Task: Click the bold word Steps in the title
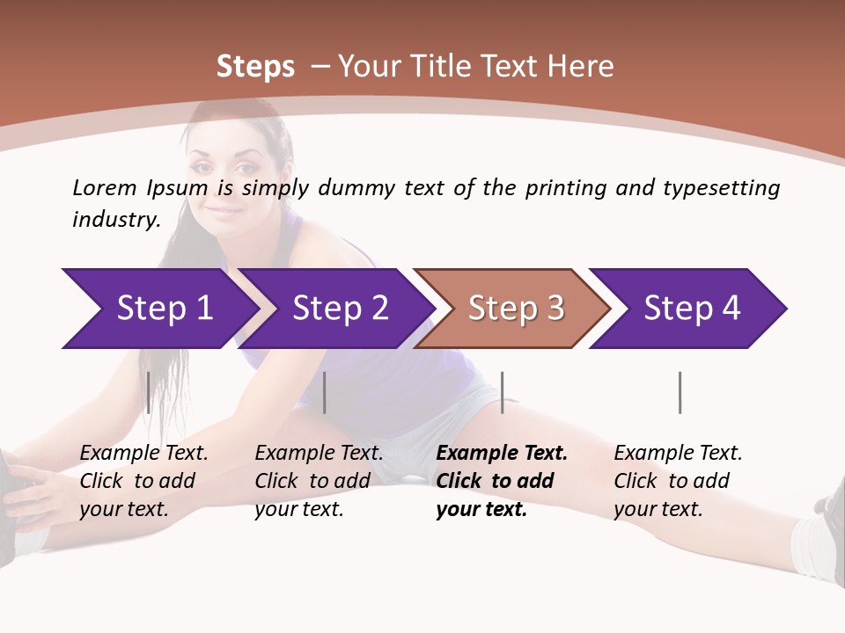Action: tap(255, 67)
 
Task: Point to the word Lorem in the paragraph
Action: tap(104, 187)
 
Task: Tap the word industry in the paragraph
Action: tap(115, 220)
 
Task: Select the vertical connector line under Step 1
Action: tap(148, 392)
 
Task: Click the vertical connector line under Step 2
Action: tap(325, 392)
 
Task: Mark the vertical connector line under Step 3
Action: tap(502, 392)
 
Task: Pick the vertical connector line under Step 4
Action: tap(680, 392)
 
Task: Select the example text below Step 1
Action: tap(143, 481)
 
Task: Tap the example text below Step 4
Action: tap(678, 481)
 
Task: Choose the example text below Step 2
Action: tap(319, 481)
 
